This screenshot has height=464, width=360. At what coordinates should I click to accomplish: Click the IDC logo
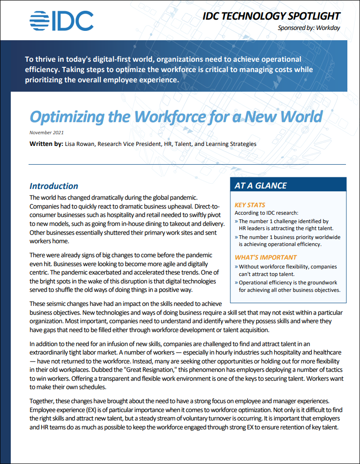click(61, 20)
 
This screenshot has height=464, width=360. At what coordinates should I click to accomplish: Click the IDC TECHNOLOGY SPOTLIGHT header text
click(271, 16)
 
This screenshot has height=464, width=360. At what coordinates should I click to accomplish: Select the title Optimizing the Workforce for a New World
click(176, 116)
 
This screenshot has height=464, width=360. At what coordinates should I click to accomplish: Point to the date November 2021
click(46, 133)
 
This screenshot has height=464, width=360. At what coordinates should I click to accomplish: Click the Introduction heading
click(54, 186)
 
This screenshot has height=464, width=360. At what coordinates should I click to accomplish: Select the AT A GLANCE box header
click(261, 186)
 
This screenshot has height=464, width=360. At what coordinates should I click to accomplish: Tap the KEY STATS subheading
click(250, 205)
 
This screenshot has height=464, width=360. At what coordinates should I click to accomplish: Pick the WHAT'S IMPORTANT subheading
click(265, 257)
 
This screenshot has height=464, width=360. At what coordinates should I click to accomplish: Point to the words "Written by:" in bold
click(46, 144)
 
